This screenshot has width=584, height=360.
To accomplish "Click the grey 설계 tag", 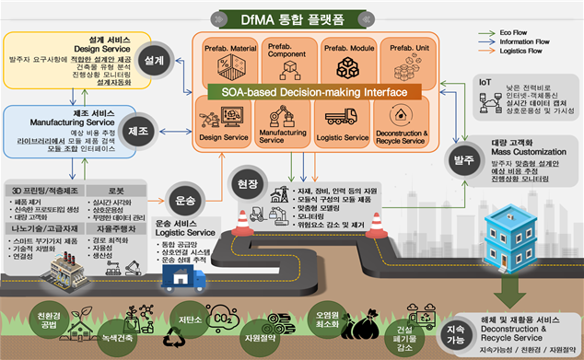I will (x=155, y=60).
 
